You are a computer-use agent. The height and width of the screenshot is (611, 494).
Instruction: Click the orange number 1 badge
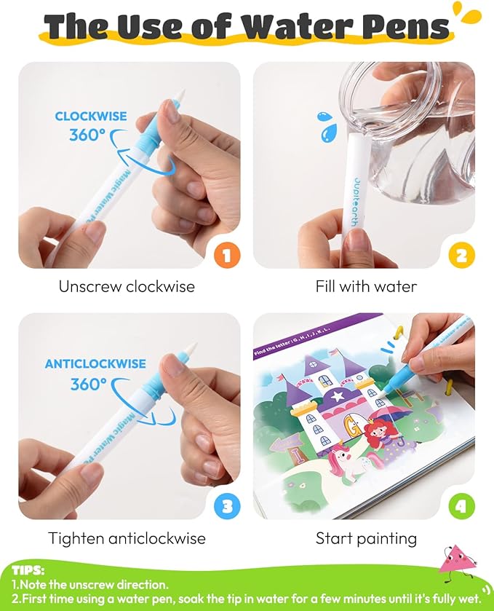(226, 255)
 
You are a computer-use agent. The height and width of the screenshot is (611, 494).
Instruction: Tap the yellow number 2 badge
(461, 255)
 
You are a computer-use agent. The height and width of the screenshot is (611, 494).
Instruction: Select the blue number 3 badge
(226, 506)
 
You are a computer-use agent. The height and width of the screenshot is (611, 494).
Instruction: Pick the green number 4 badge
(461, 506)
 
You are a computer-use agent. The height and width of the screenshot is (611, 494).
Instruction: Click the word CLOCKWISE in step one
(91, 116)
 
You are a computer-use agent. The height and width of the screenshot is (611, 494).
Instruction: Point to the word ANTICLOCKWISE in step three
(95, 363)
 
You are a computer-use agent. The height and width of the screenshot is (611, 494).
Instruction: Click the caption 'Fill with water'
(366, 287)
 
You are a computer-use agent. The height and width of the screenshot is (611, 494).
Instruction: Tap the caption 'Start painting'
(366, 538)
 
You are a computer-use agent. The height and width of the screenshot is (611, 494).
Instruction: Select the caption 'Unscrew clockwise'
(127, 287)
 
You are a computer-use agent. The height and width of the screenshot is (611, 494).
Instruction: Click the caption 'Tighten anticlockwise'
(127, 538)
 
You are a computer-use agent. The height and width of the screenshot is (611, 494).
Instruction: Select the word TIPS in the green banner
(28, 571)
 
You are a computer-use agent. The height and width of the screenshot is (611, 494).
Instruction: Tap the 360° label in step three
(89, 385)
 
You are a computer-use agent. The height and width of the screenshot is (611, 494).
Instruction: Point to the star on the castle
(336, 397)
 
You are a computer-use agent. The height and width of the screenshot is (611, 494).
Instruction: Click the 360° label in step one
(87, 135)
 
